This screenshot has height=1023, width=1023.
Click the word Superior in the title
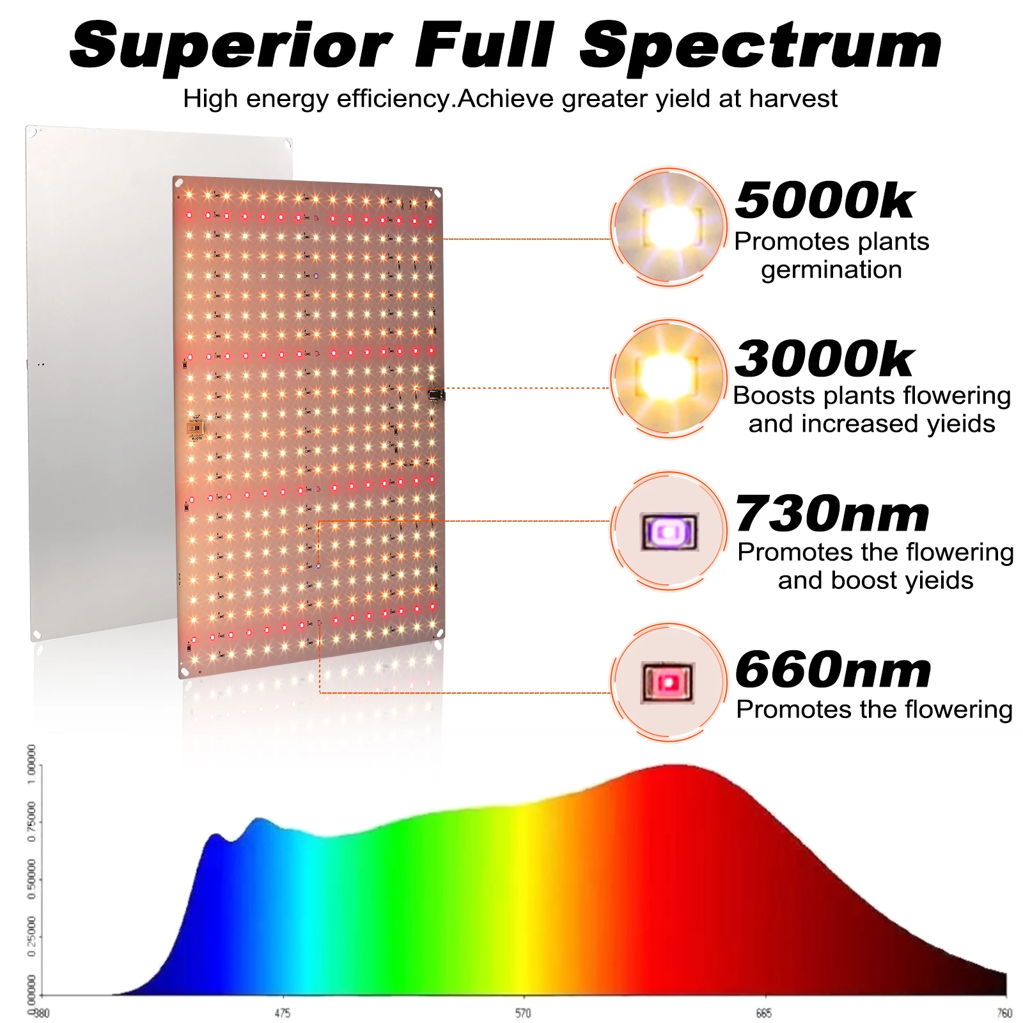click(x=230, y=46)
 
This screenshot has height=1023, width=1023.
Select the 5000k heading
click(x=825, y=201)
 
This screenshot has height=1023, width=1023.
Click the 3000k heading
click(x=825, y=359)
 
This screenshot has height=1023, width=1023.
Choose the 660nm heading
click(x=833, y=670)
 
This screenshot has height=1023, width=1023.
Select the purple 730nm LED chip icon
click(x=669, y=531)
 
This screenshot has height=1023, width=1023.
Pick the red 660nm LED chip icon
click(x=669, y=683)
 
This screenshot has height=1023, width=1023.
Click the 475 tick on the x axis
click(x=282, y=1013)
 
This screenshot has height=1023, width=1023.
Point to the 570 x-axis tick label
click(x=523, y=1013)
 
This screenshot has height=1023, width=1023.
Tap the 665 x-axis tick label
click(x=763, y=1013)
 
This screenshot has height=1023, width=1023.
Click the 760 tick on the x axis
click(x=1004, y=1013)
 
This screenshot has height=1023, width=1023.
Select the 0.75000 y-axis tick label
click(x=31, y=822)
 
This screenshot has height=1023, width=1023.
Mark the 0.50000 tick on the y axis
click(x=31, y=880)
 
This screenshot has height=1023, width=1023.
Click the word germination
click(x=831, y=270)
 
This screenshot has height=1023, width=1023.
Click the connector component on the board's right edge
click(x=437, y=395)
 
